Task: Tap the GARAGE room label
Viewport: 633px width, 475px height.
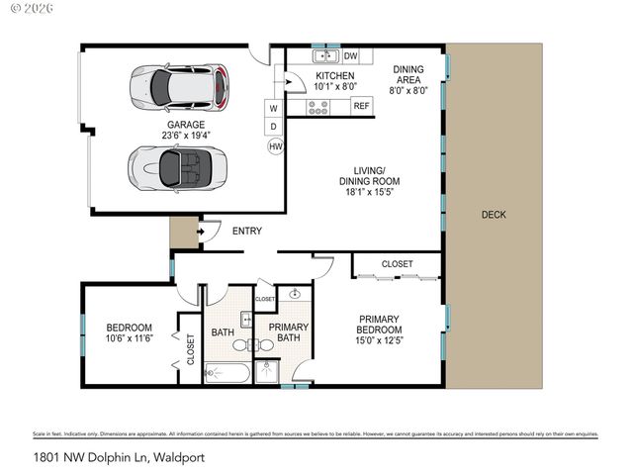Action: (x=185, y=125)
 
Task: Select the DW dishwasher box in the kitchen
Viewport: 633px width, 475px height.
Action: (x=350, y=56)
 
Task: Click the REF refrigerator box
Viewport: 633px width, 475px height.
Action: (x=361, y=106)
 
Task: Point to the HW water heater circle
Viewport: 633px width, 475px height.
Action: (x=274, y=146)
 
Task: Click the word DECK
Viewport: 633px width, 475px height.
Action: (x=494, y=215)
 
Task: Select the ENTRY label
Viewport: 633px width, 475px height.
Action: (x=246, y=231)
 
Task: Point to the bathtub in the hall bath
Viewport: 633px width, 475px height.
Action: (x=226, y=373)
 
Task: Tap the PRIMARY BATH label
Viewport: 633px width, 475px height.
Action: (x=289, y=333)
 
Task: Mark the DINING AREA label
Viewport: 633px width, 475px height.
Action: (x=409, y=74)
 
